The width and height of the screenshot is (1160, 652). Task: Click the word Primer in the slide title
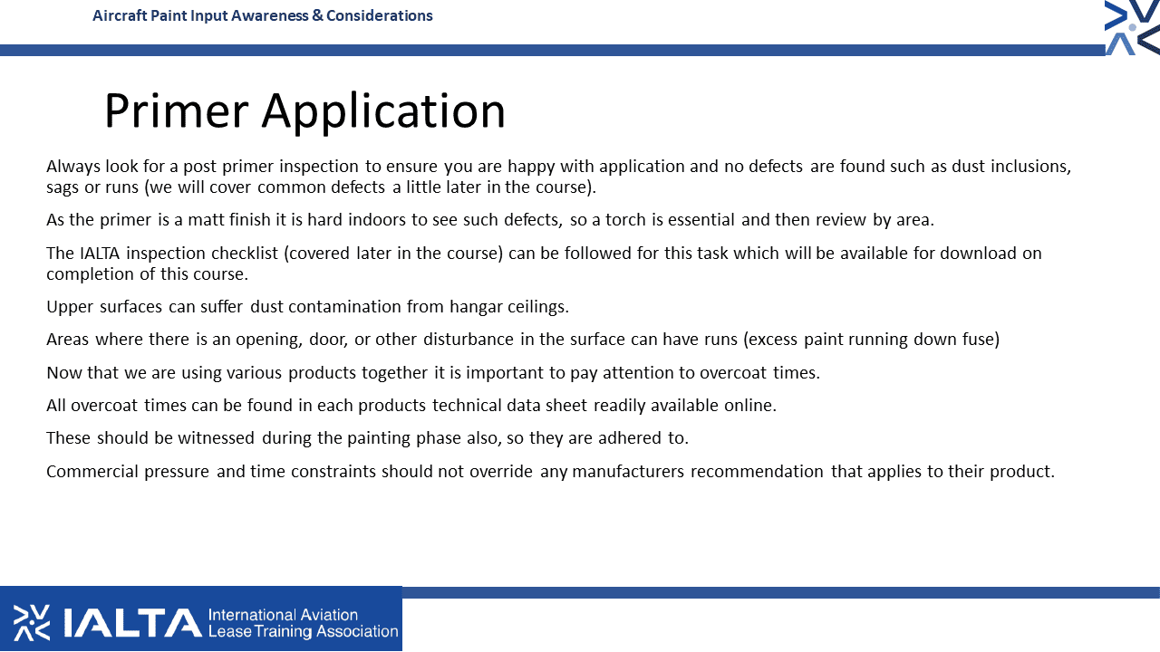pos(177,110)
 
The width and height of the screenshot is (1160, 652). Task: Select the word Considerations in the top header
pos(379,15)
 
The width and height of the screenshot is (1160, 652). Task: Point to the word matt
pos(206,220)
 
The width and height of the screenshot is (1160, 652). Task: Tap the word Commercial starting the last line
pos(92,472)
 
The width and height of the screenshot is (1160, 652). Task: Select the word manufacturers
pos(628,472)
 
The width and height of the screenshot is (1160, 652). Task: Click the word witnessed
pos(216,438)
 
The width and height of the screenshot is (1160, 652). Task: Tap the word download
pos(978,254)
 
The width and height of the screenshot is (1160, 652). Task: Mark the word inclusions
pos(1030,167)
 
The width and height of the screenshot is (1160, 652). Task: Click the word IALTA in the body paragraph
pos(100,254)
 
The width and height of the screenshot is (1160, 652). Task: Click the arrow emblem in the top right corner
pos(1132,27)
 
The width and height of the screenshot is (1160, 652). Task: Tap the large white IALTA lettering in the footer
pos(132,622)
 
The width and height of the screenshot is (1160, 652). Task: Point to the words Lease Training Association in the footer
pos(303,631)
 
